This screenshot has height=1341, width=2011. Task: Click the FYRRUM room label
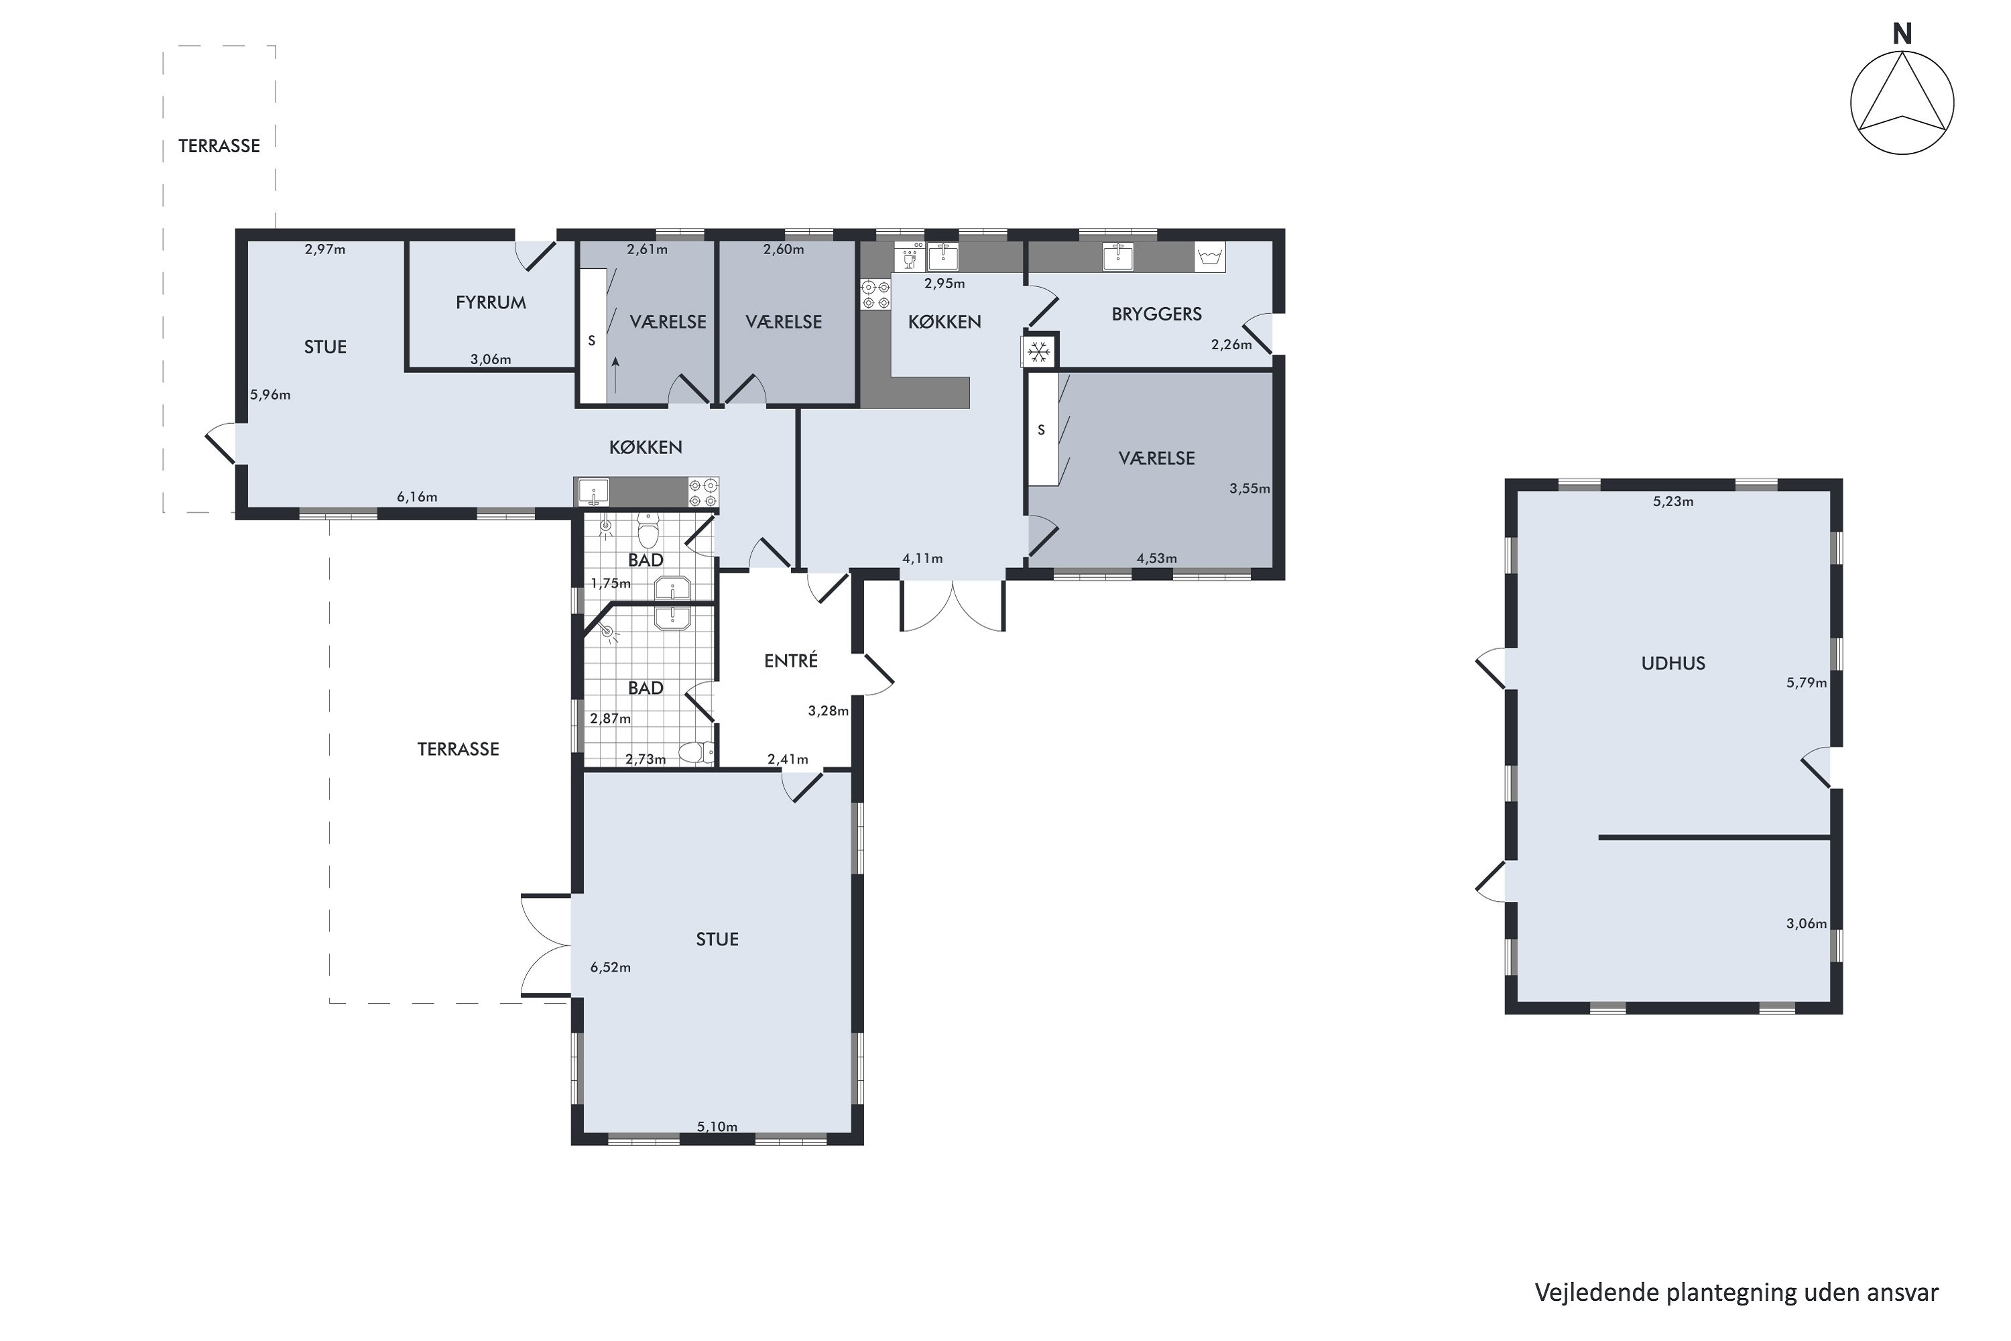tap(491, 302)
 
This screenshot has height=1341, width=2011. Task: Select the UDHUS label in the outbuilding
tap(1672, 663)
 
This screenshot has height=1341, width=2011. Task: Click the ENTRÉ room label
tap(791, 660)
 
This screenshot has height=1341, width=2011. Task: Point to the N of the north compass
tap(1902, 34)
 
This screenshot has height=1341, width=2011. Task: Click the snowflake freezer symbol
tap(1039, 351)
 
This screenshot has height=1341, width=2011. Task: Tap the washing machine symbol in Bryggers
tap(1209, 257)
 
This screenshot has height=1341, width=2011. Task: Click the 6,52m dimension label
tap(611, 968)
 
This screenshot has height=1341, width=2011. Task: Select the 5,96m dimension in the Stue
tap(270, 395)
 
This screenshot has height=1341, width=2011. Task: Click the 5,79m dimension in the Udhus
tap(1806, 683)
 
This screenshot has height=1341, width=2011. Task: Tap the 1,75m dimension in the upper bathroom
tap(611, 584)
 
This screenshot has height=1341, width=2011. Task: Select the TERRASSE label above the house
tap(219, 146)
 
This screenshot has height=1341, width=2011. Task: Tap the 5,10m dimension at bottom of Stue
tap(717, 1126)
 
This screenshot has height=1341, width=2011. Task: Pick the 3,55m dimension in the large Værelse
tap(1250, 488)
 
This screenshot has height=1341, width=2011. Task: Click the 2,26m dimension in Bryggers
tap(1231, 345)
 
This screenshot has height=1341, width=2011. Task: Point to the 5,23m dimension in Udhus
tap(1672, 501)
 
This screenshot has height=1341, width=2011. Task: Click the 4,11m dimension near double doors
tap(922, 559)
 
